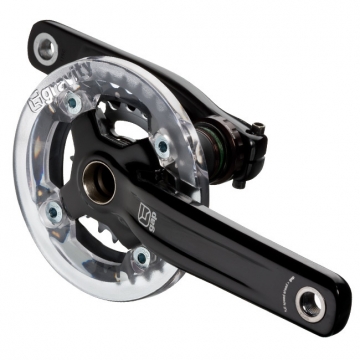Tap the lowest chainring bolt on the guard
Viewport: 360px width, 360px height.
pos(141,257)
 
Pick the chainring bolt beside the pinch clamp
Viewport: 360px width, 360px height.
pos(161,147)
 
